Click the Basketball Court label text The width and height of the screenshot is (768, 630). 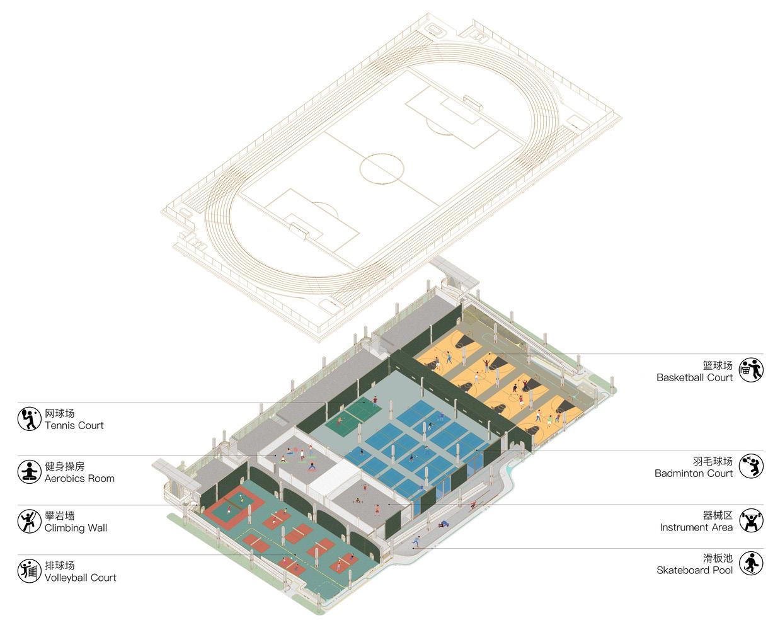coord(694,377)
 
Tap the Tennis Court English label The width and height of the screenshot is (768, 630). coord(74,425)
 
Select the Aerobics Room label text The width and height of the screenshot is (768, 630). coord(79,478)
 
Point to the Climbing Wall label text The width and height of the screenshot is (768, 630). coord(76,528)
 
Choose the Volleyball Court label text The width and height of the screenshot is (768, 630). coord(80,577)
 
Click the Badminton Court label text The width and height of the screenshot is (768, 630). coord(693,473)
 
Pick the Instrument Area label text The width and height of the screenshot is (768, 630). coord(696,527)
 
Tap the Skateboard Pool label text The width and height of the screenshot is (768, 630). coord(694,570)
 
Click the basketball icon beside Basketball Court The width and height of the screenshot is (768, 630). coord(750,370)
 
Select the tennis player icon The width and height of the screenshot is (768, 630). coord(29,419)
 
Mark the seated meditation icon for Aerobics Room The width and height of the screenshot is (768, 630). coord(29,472)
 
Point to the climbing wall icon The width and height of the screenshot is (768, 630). coord(29,521)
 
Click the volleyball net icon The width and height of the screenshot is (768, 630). coord(29,571)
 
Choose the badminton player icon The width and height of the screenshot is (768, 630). coord(750,466)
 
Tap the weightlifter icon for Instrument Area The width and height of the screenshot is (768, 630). coord(750,520)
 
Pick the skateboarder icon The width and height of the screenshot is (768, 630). coord(750,563)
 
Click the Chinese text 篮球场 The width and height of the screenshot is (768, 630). coord(718,365)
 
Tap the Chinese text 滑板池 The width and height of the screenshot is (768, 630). coord(718,558)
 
